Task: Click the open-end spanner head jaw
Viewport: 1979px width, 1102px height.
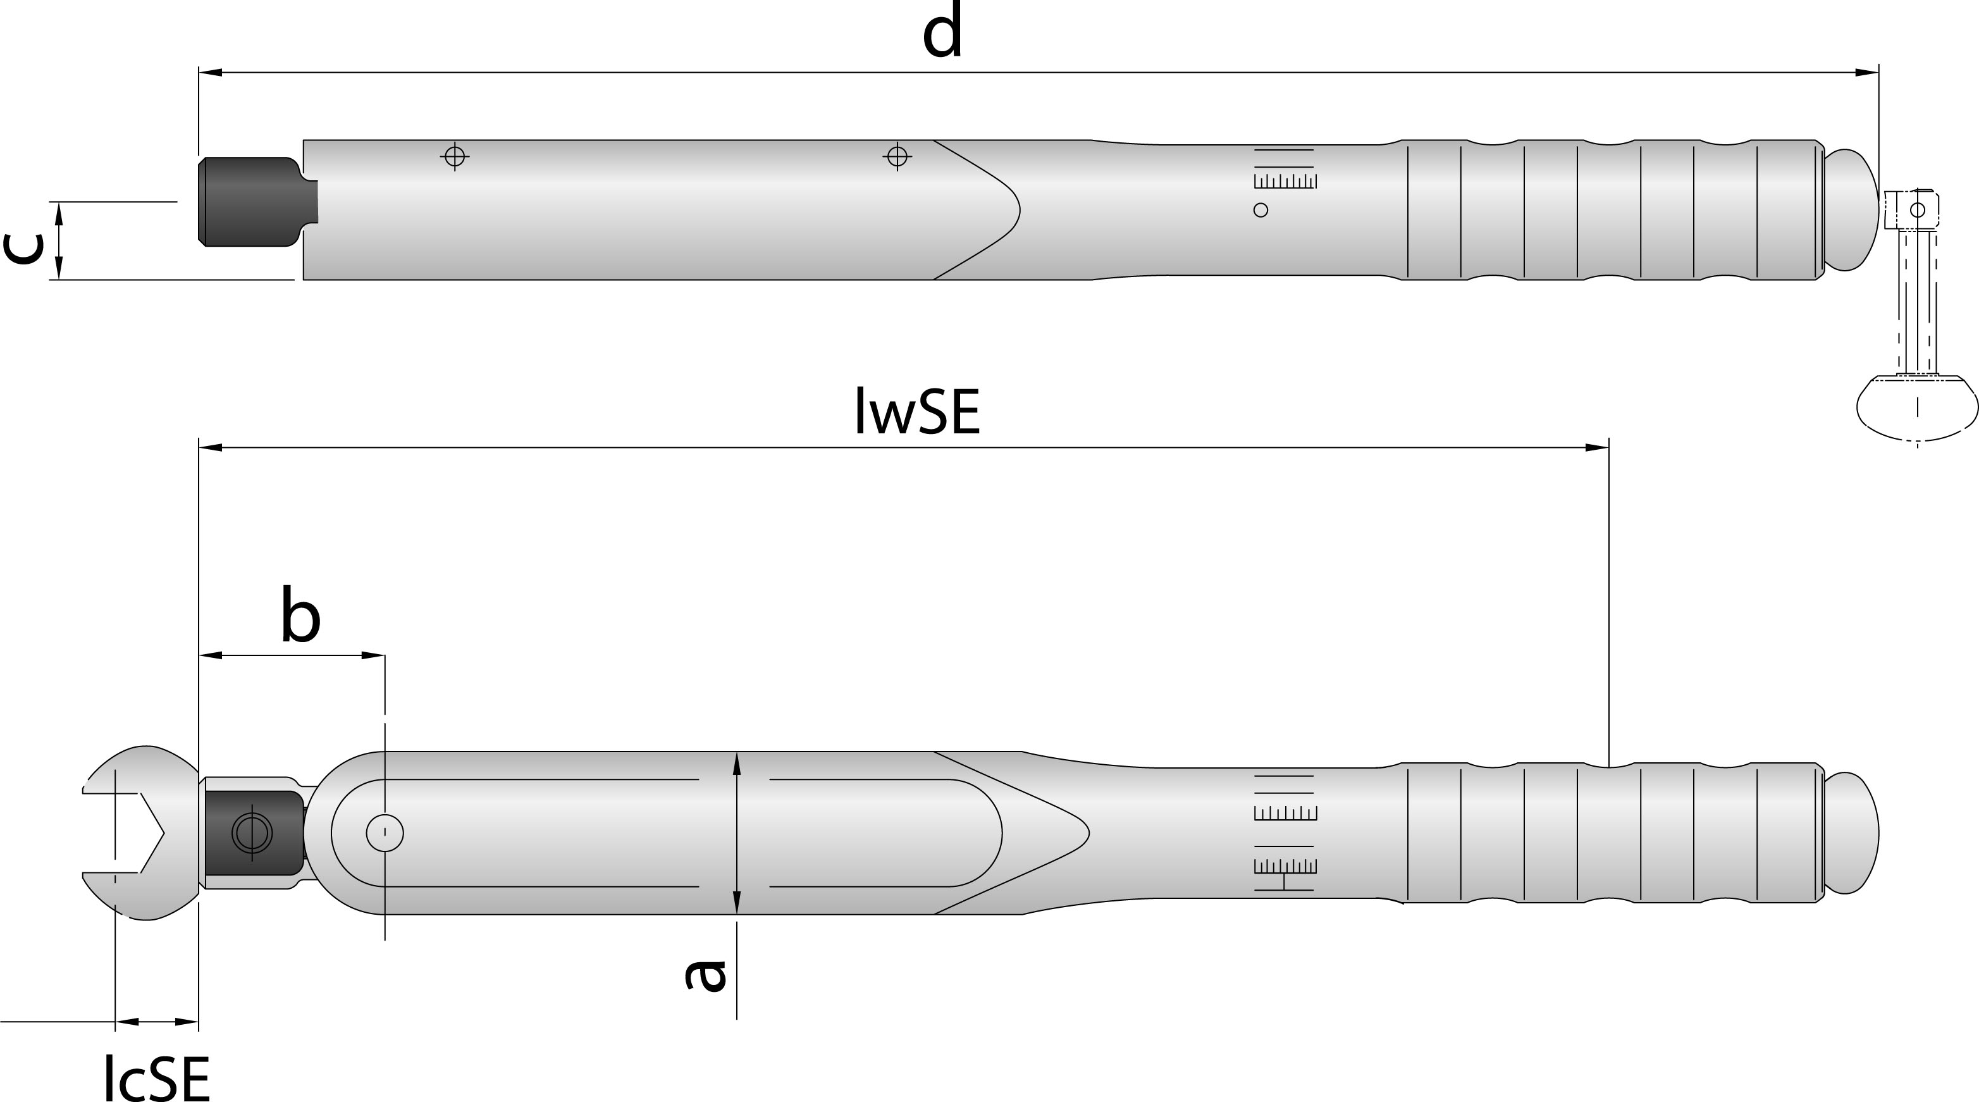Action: (x=139, y=833)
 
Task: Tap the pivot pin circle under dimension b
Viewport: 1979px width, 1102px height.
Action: (x=385, y=833)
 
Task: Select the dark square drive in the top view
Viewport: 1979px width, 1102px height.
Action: (x=257, y=202)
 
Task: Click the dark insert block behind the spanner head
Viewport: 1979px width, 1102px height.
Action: (x=254, y=833)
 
